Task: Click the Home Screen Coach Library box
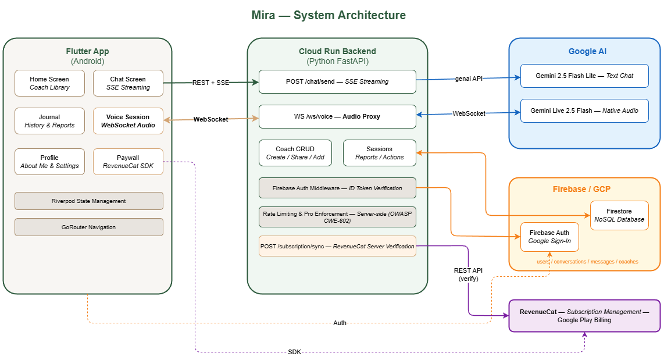pos(49,83)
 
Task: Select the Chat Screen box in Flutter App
pos(128,83)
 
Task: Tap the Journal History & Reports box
pos(49,121)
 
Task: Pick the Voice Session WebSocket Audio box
pos(128,121)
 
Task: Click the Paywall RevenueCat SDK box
pos(128,162)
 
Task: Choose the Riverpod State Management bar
pos(88,201)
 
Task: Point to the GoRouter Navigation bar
pos(88,227)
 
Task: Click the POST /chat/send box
pos(337,81)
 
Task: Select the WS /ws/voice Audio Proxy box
pos(337,116)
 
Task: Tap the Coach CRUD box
pos(295,153)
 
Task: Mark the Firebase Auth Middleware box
pos(337,188)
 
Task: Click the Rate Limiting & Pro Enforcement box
pos(337,218)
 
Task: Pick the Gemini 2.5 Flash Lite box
pos(584,76)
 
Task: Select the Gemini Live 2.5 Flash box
pos(584,111)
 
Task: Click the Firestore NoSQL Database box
pos(619,215)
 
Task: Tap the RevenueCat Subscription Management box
pos(584,315)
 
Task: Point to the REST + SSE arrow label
pos(210,83)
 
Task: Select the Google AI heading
pos(587,51)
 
